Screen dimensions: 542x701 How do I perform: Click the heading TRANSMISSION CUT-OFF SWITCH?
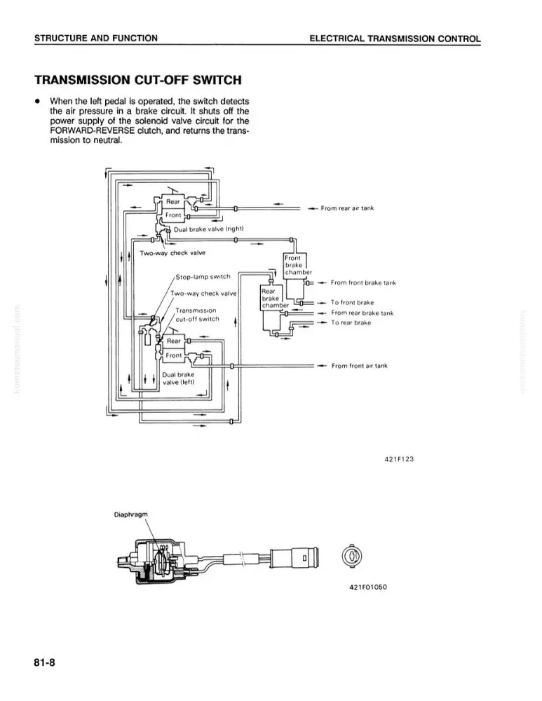137,80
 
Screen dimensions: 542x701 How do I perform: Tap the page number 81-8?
45,662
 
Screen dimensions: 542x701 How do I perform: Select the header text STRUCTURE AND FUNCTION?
95,39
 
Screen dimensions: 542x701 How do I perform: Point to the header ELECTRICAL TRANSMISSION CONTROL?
395,39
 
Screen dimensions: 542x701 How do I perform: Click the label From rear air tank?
347,208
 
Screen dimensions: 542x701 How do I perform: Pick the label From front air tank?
360,366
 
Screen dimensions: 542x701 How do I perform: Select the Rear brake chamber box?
271,298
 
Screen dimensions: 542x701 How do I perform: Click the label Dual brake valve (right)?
208,229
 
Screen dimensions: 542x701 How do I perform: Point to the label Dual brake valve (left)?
178,379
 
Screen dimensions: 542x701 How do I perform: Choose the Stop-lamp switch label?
203,277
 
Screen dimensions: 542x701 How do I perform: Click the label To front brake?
353,303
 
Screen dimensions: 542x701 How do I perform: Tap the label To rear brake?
351,322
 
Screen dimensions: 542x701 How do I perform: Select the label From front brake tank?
364,283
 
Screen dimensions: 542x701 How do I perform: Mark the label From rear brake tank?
363,313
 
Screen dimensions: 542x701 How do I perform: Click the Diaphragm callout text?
130,515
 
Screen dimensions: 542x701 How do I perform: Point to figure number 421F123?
399,459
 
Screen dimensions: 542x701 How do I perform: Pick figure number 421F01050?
367,587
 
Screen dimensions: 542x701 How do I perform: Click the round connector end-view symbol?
352,556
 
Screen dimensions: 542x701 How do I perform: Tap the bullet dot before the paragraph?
39,101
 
